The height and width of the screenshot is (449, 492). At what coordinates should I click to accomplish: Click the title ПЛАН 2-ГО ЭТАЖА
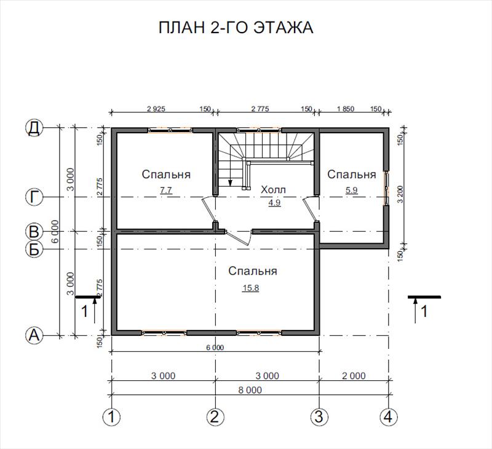pyautogui.click(x=236, y=28)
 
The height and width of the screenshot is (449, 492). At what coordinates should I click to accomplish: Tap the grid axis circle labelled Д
pyautogui.click(x=34, y=128)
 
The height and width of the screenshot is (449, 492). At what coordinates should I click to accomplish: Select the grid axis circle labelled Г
pyautogui.click(x=34, y=197)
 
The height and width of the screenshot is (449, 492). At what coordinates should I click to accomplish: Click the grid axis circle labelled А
pyautogui.click(x=34, y=335)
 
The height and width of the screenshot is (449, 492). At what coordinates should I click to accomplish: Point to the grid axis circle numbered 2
pyautogui.click(x=215, y=417)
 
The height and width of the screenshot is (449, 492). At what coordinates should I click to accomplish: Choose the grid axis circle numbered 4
pyautogui.click(x=389, y=417)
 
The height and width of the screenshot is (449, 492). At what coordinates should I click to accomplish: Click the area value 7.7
pyautogui.click(x=166, y=190)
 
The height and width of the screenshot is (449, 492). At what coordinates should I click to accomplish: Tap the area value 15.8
pyautogui.click(x=250, y=287)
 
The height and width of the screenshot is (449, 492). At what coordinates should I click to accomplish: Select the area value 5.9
pyautogui.click(x=351, y=190)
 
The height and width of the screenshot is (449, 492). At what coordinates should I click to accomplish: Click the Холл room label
pyautogui.click(x=273, y=190)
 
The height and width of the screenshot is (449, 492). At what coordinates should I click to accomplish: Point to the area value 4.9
pyautogui.click(x=274, y=203)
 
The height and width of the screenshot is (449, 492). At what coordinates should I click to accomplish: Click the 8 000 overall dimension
pyautogui.click(x=250, y=390)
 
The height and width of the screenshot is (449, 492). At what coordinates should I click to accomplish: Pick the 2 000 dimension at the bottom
pyautogui.click(x=354, y=376)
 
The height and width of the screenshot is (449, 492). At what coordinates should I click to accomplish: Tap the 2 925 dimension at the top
pyautogui.click(x=156, y=109)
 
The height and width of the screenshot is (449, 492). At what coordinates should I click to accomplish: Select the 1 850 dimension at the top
pyautogui.click(x=345, y=109)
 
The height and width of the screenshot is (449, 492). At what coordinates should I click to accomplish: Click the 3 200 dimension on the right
pyautogui.click(x=400, y=194)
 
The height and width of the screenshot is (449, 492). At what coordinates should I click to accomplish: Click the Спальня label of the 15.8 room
pyautogui.click(x=253, y=271)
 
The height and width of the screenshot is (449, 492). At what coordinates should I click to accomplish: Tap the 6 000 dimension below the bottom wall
pyautogui.click(x=215, y=348)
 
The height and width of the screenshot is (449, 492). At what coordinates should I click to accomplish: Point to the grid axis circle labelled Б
pyautogui.click(x=34, y=249)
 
